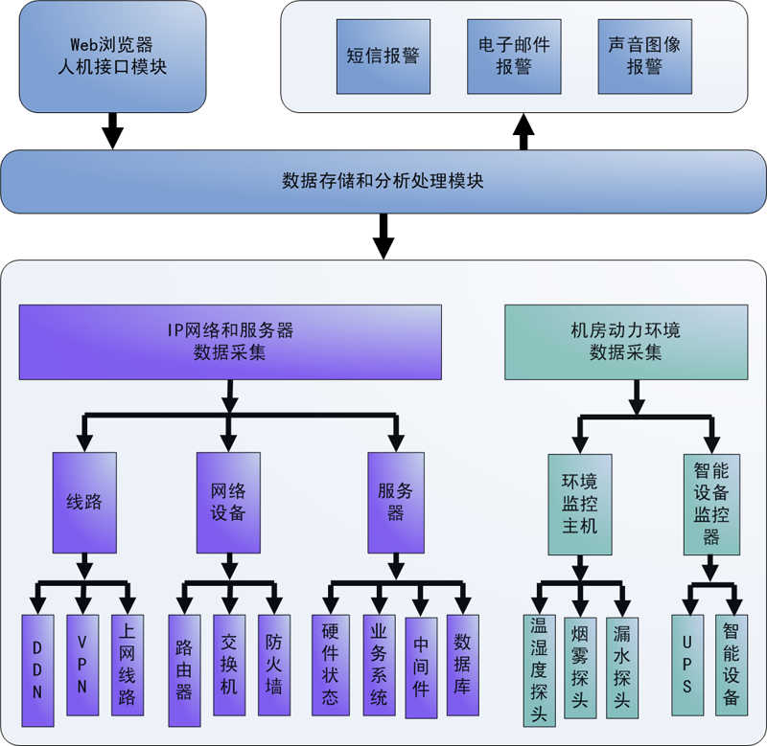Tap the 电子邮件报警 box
[515, 57]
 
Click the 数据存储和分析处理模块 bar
[383, 181]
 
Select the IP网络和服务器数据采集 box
[230, 342]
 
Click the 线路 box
[84, 503]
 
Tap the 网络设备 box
[228, 503]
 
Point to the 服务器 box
[396, 503]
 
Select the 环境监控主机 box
[579, 503]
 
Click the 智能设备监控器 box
[711, 503]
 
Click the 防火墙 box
[274, 665]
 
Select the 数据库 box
[463, 665]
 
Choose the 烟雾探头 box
[579, 667]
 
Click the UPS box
[687, 665]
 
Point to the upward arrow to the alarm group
[523, 131]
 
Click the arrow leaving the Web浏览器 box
[113, 129]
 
